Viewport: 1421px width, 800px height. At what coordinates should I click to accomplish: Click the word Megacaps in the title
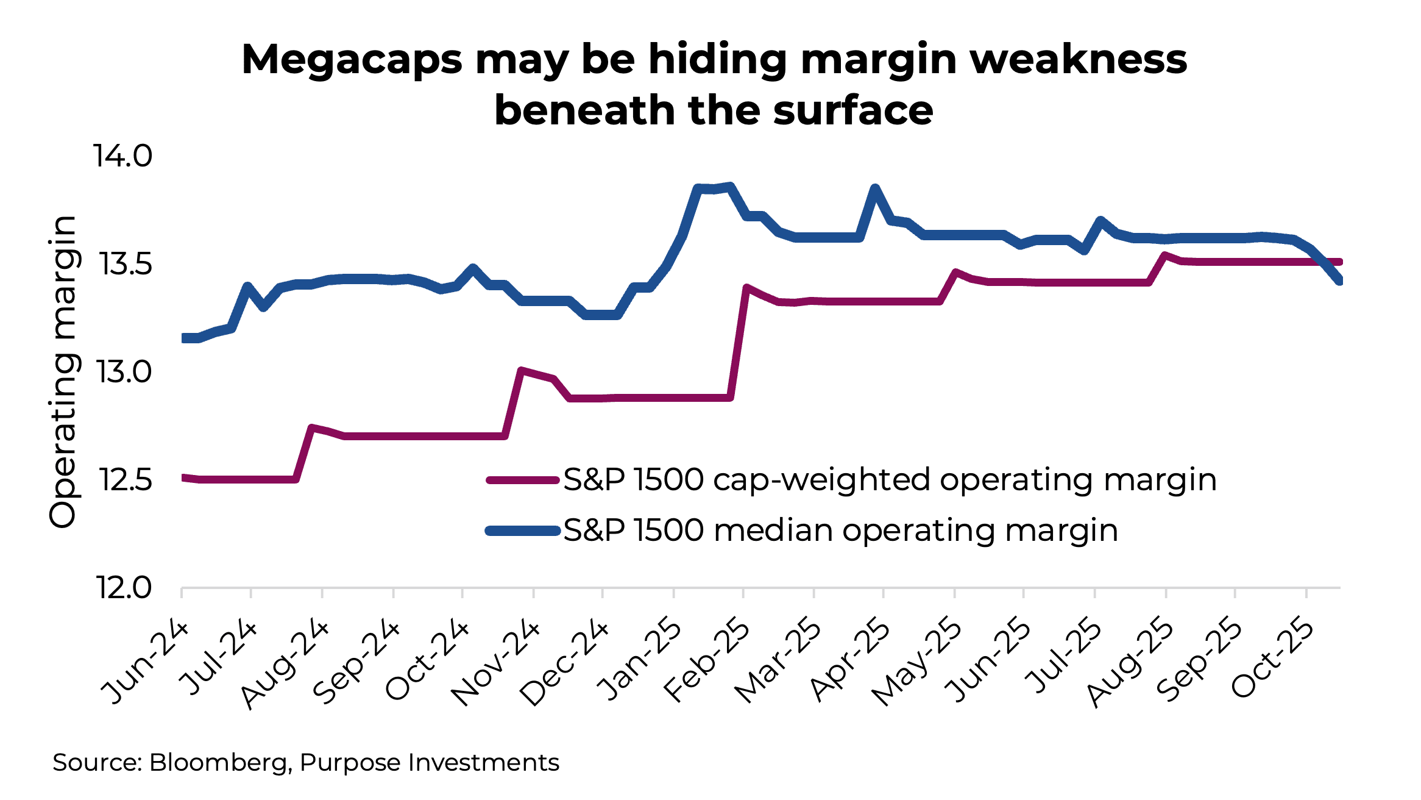click(x=352, y=60)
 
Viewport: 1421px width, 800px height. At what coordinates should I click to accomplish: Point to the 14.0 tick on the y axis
click(x=122, y=156)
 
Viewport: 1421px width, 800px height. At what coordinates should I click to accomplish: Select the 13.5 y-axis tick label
click(x=125, y=265)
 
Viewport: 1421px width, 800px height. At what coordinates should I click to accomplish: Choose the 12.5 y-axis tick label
click(x=125, y=480)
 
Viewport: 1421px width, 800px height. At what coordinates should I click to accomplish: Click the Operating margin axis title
click(x=63, y=372)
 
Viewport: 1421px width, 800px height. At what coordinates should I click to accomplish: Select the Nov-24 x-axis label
click(x=495, y=663)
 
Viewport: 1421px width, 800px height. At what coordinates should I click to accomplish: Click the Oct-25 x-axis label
click(x=1272, y=659)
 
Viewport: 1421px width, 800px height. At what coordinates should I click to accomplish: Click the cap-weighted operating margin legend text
click(x=890, y=480)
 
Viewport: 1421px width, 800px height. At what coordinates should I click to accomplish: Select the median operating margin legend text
click(x=841, y=530)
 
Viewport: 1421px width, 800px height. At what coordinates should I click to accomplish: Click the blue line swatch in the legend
click(x=523, y=531)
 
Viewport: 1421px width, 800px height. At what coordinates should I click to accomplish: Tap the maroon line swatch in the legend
click(x=523, y=480)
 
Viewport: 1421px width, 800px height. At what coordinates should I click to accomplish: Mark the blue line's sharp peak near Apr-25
click(x=875, y=188)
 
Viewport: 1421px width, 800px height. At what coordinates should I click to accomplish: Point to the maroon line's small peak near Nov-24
click(x=521, y=370)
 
